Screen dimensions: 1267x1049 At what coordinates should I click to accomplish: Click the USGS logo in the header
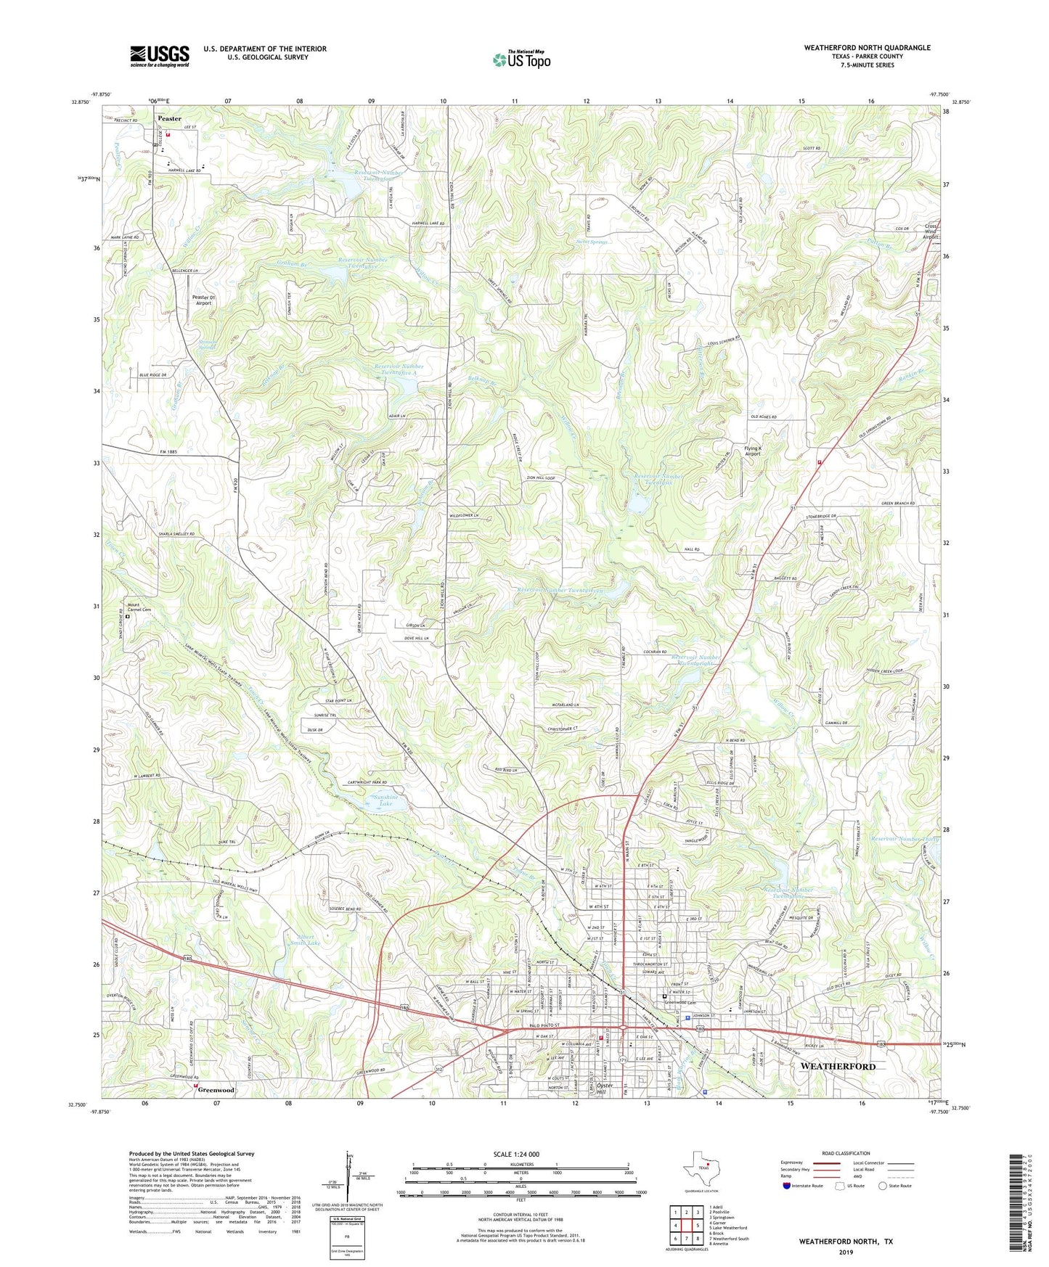click(x=160, y=55)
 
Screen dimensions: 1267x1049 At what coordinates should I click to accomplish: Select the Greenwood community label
click(x=216, y=1090)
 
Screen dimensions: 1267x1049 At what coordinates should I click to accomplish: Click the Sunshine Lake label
click(x=383, y=800)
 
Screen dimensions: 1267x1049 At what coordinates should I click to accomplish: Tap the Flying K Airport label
click(x=753, y=451)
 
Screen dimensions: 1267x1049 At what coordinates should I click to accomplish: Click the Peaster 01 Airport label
click(x=203, y=300)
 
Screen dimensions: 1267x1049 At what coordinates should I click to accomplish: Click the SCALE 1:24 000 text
click(x=517, y=1154)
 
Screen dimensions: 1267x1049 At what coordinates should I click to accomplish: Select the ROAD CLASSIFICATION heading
click(x=846, y=1153)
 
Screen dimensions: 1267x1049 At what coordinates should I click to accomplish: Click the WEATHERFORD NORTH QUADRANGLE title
click(x=867, y=48)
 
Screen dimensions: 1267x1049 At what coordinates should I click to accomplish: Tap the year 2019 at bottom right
click(x=846, y=1252)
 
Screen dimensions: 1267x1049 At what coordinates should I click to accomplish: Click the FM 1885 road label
click(x=168, y=452)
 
